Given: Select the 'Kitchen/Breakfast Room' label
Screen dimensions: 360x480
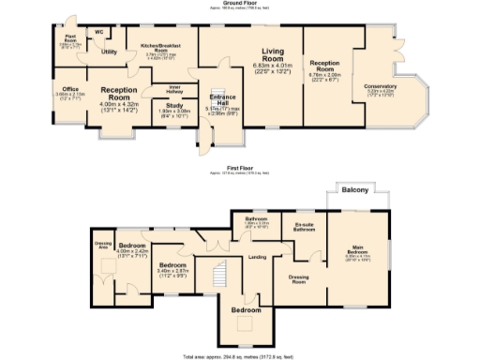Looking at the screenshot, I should (160, 46).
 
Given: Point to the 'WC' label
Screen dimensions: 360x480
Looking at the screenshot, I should (98, 32).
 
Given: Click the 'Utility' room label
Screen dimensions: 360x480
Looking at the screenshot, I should (109, 52).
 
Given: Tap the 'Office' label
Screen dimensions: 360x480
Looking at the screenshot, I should (70, 89).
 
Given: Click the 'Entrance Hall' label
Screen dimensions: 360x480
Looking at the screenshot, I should (223, 98).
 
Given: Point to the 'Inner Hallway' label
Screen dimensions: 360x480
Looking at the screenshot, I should (174, 89).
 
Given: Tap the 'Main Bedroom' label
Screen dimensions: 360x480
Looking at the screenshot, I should (360, 249).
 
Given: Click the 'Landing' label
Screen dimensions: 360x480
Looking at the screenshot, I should (257, 257).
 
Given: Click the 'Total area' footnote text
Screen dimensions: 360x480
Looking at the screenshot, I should (239, 356).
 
